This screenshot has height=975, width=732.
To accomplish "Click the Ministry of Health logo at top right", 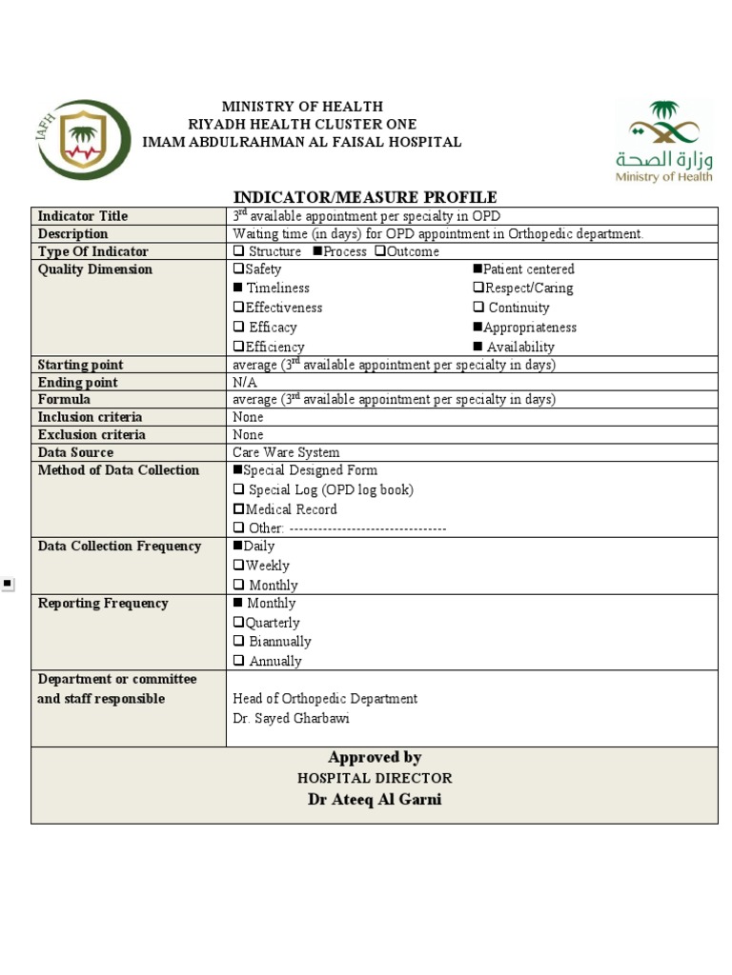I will (663, 140).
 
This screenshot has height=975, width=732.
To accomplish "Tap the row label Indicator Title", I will (83, 216).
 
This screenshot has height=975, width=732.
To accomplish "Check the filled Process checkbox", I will (317, 251).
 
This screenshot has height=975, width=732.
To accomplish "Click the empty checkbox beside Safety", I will (238, 269).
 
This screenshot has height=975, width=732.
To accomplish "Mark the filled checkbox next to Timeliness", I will (238, 288).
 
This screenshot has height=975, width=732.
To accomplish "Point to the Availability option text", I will (519, 347).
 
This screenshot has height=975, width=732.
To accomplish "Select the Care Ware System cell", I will (286, 452).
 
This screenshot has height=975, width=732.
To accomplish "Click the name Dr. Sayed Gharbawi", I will (290, 718).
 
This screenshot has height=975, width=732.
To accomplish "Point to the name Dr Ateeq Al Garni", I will (374, 799).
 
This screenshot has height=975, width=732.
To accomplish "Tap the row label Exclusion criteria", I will (91, 435).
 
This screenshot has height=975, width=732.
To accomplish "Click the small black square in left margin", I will (8, 584).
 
